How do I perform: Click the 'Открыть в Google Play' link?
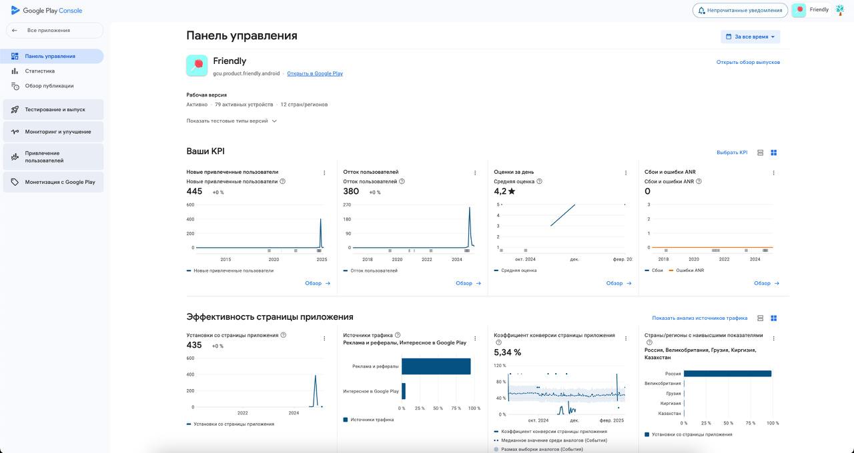(315, 73)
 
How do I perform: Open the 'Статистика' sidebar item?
(40, 71)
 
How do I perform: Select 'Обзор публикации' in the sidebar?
(49, 86)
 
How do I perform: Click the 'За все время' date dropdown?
(751, 37)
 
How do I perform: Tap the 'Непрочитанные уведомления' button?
(739, 10)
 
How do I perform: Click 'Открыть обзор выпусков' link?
(748, 62)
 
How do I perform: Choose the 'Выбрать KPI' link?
(732, 153)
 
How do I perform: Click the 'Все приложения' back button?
(54, 31)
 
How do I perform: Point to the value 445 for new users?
(194, 191)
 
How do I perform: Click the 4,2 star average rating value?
(504, 191)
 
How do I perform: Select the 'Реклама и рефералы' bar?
(436, 366)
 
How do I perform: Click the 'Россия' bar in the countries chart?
(727, 374)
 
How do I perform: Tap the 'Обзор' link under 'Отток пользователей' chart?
(468, 283)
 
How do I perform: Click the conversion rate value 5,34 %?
(507, 352)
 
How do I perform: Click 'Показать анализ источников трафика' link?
(699, 318)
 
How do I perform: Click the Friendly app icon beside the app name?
(197, 65)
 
